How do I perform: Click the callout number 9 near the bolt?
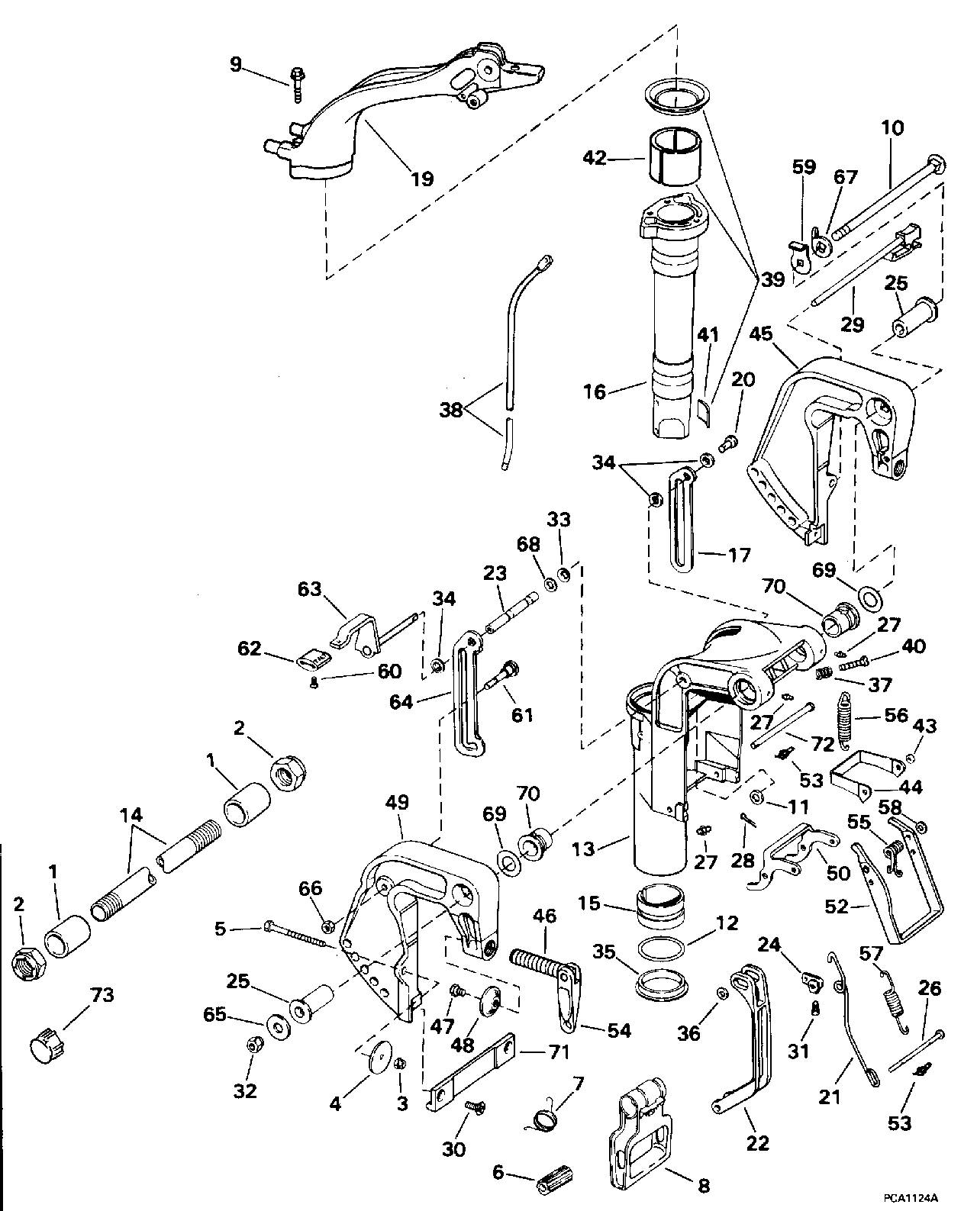tap(236, 65)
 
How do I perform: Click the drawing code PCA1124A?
tap(911, 1198)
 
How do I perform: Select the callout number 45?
tap(761, 335)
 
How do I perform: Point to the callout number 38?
tap(451, 411)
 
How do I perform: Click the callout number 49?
tap(398, 803)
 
